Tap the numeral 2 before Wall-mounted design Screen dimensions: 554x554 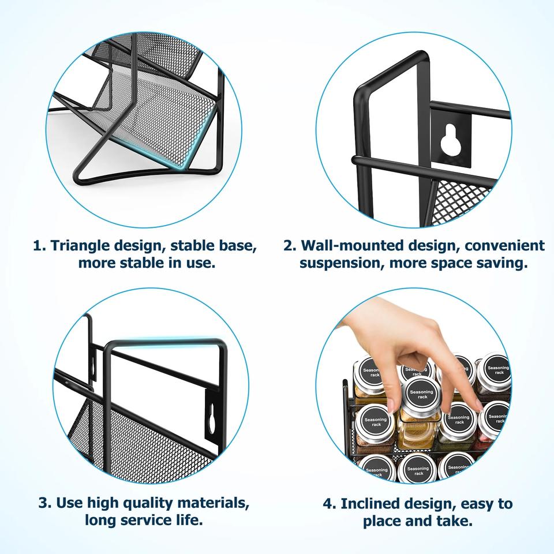pos(290,245)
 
